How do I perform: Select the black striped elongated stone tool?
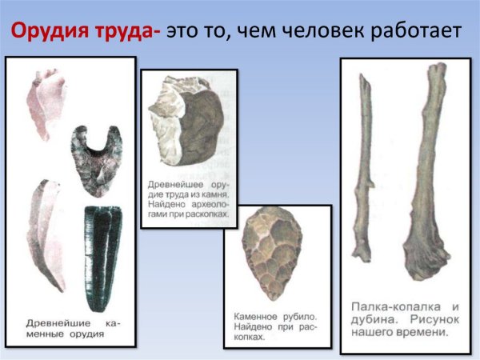click(102, 248)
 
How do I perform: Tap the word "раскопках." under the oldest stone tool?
click(206, 214)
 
